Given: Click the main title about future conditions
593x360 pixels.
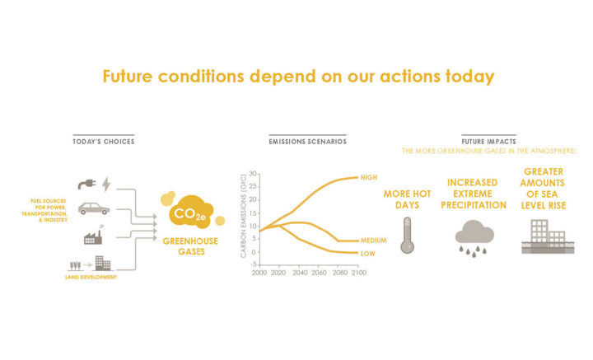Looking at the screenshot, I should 297,77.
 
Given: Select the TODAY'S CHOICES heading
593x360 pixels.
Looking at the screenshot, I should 103,142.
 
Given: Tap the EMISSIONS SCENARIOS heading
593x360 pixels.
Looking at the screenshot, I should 308,142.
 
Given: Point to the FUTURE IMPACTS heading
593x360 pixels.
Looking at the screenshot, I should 488,142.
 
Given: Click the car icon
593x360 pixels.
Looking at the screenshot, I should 93,208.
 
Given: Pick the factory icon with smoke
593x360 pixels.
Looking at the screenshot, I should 93,236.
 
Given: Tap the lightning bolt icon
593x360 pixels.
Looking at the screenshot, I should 106,185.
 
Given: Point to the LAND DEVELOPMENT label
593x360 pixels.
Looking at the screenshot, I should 91,277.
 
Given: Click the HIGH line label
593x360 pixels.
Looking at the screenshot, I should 368,177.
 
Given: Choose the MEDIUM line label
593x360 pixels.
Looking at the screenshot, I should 373,241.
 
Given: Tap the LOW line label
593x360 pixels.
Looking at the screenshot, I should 367,254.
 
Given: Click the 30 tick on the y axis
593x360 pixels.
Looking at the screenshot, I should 254,174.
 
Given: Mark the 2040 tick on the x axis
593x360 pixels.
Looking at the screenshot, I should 301,272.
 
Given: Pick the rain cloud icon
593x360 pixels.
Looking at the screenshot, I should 474,239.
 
